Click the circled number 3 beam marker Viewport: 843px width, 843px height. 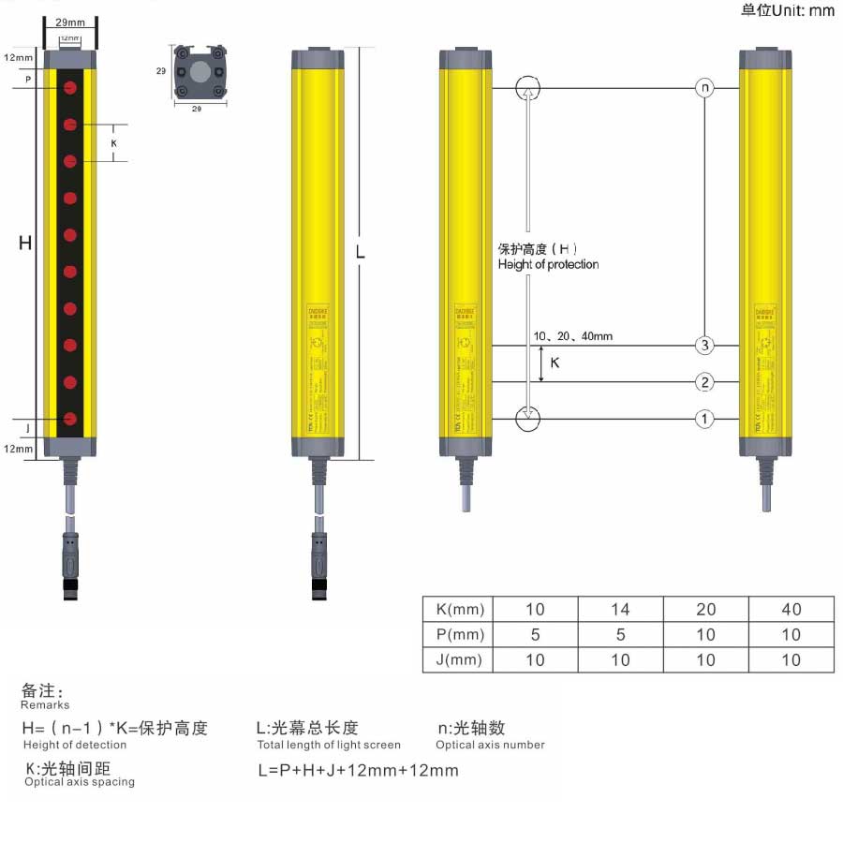click(704, 346)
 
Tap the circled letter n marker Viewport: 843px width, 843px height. click(704, 88)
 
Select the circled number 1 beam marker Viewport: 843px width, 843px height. click(704, 419)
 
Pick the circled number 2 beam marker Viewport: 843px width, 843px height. click(704, 382)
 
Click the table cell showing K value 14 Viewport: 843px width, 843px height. click(620, 609)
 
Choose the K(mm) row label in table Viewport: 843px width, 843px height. click(461, 609)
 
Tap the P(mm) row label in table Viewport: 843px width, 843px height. click(461, 634)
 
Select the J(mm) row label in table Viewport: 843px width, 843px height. click(461, 659)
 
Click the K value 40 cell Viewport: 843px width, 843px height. click(791, 609)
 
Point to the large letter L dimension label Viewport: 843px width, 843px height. click(360, 253)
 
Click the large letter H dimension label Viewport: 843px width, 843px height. click(25, 244)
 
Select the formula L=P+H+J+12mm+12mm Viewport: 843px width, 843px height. click(358, 771)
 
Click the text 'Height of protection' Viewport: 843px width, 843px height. click(548, 265)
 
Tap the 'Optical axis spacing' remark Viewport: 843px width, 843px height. click(80, 782)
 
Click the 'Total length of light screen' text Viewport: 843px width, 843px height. click(329, 745)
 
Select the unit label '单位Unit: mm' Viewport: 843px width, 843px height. click(787, 10)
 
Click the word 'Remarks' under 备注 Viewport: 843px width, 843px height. click(45, 704)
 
